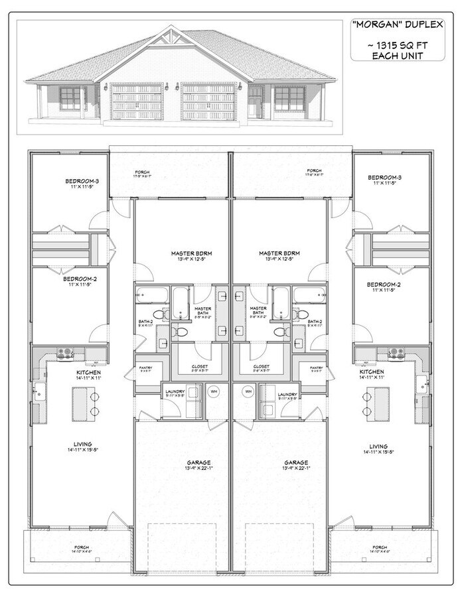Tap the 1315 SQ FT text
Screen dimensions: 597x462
[396, 45]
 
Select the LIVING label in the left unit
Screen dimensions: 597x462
[83, 444]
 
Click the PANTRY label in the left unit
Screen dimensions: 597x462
[145, 366]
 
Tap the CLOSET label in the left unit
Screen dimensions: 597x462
[200, 366]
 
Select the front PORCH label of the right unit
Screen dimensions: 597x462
[379, 548]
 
